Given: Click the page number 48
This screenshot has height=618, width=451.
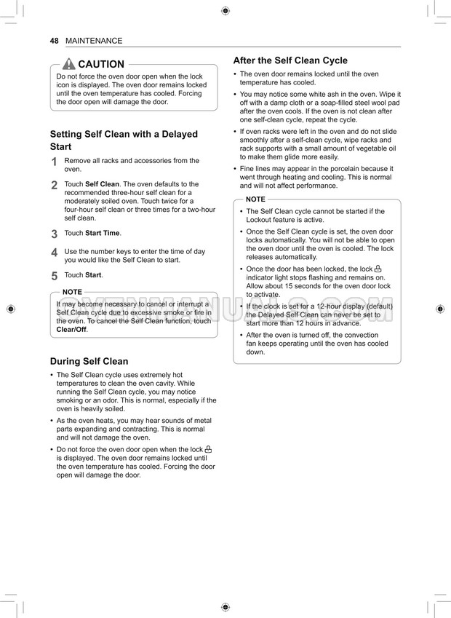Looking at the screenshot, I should (54, 41).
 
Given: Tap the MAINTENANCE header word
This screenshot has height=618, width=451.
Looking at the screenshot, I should (94, 41).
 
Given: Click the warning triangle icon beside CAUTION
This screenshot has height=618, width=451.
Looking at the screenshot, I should (69, 64).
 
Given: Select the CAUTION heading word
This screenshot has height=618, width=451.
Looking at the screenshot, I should (101, 64).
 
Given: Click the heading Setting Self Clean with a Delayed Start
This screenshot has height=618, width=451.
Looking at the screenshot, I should (124, 140).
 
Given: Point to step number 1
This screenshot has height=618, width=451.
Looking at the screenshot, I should (55, 162).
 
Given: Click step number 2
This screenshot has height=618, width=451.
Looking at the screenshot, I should (55, 186).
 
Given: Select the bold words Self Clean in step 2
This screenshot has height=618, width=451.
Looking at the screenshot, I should (102, 184).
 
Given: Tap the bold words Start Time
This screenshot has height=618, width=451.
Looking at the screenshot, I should (103, 233).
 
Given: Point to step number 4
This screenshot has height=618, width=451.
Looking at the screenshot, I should (55, 253).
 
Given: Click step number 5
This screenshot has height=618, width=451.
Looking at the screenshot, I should (55, 277).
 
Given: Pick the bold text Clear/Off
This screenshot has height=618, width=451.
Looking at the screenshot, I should (71, 330).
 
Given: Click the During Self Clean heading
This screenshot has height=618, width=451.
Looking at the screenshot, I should (89, 361).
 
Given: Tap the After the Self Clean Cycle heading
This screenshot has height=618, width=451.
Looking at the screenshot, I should (290, 60).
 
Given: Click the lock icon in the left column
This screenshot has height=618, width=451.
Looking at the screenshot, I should (208, 449).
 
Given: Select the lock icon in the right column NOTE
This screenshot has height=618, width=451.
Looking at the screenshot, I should (378, 269).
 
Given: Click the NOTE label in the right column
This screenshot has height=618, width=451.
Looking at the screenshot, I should (255, 199).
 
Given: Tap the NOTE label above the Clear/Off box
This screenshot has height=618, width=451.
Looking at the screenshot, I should (72, 292).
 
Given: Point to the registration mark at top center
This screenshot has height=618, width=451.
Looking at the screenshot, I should (225, 10).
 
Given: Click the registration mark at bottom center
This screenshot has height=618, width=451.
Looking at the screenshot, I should (225, 606).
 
